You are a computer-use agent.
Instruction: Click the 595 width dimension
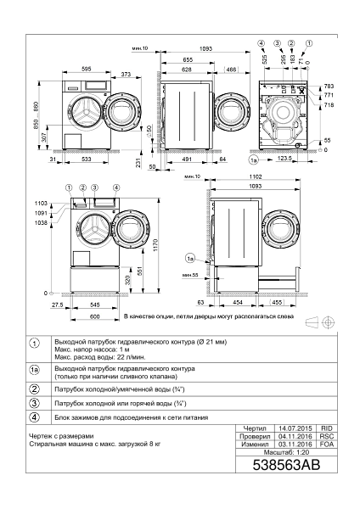pyautogui.click(x=87, y=69)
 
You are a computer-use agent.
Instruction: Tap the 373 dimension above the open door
pyautogui.click(x=125, y=76)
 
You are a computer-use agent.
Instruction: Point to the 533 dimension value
pyautogui.click(x=87, y=159)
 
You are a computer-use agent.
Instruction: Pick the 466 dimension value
pyautogui.click(x=230, y=69)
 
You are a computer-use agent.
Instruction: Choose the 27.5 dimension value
pyautogui.click(x=58, y=305)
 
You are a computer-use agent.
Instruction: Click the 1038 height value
pyautogui.click(x=41, y=221)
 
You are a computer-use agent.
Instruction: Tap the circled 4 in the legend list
pyautogui.click(x=35, y=417)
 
